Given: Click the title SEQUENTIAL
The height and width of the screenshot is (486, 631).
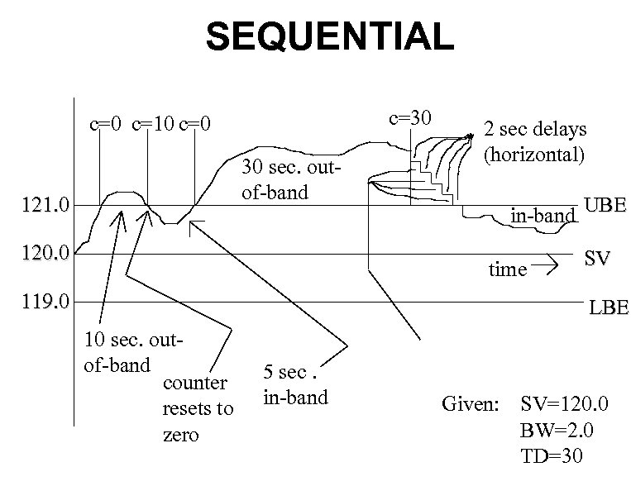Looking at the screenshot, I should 329,38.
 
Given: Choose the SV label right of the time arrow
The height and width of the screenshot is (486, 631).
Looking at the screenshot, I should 598,260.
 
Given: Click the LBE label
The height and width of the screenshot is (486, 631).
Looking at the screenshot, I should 609,309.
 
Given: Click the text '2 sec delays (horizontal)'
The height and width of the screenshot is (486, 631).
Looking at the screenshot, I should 534,141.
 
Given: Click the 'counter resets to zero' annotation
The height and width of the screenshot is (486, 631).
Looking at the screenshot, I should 198,408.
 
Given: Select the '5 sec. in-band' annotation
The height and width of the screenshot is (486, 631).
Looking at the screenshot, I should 295,384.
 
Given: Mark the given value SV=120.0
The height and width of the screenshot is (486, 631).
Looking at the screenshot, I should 564,405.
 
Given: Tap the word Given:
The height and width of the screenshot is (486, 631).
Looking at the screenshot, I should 471,405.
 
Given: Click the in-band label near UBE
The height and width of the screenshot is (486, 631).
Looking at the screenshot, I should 543,217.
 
